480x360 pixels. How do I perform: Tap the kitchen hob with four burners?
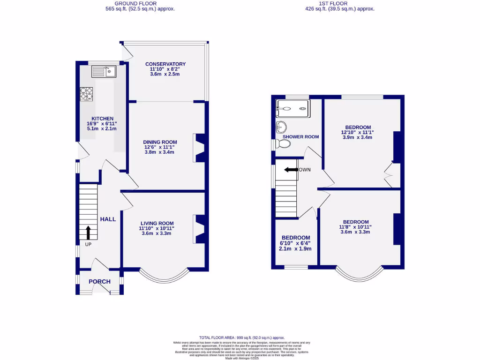click(86, 94)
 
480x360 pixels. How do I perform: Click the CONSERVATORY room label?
click(165, 64)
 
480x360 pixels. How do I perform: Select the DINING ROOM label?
click(160, 142)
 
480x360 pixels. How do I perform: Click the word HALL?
click(107, 219)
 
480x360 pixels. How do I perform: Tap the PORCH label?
click(99, 282)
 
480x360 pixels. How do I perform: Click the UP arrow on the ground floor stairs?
click(88, 232)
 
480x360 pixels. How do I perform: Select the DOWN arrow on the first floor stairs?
click(291, 170)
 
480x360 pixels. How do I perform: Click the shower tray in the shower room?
click(292, 107)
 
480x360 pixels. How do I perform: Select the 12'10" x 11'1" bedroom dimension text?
click(358, 132)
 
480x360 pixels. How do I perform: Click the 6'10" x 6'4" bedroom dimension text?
click(296, 243)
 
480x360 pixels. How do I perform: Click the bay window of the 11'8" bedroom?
click(359, 277)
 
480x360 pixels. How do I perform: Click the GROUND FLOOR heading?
click(140, 3)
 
